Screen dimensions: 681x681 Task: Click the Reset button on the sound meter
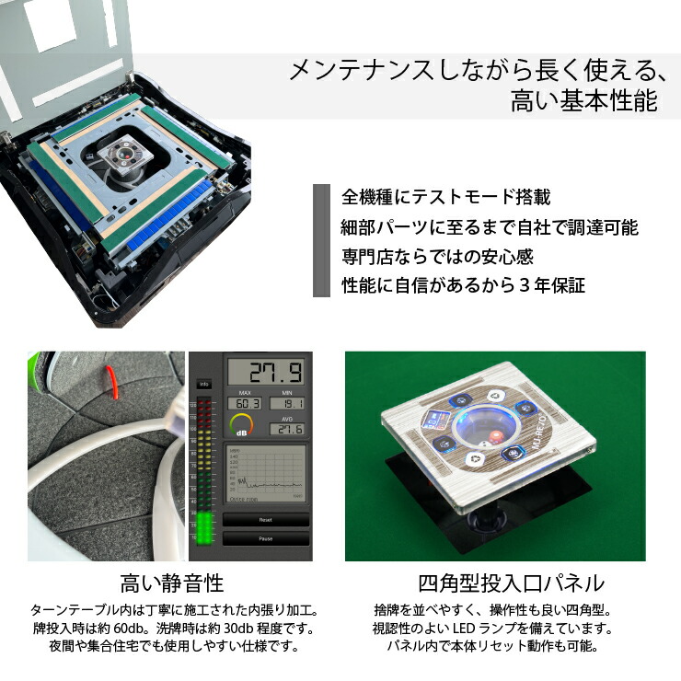point(265,520)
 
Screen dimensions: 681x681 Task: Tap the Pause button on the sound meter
point(265,539)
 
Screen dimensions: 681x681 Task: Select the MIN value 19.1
point(288,403)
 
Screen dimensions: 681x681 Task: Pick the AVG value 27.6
point(287,429)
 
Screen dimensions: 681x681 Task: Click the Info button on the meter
point(204,385)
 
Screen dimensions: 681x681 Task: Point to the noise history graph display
point(266,474)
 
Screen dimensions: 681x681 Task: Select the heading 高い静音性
point(172,583)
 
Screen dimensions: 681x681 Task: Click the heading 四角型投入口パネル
point(511,583)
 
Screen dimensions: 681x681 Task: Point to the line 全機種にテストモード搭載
point(445,197)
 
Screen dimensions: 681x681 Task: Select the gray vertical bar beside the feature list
point(321,241)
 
